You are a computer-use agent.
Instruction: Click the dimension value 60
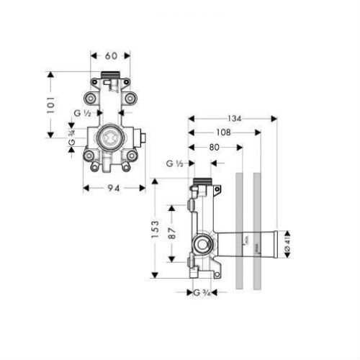click(110, 55)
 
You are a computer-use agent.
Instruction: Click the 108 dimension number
click(223, 133)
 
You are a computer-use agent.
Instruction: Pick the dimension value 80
click(215, 148)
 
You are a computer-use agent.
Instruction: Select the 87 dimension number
click(172, 233)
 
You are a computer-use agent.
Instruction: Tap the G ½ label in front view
click(81, 113)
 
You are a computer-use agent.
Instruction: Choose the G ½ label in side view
click(175, 163)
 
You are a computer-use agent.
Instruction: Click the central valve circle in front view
click(110, 136)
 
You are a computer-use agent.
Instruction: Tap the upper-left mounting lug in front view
click(91, 98)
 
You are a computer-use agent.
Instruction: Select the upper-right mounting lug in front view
click(130, 98)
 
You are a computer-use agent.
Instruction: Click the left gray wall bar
click(240, 230)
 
